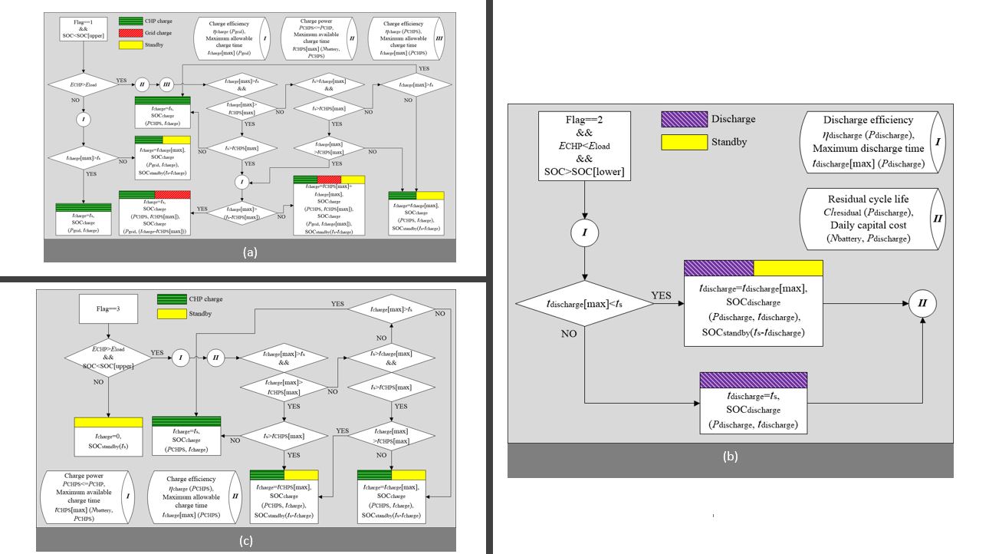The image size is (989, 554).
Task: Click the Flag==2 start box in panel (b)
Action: pos(585,146)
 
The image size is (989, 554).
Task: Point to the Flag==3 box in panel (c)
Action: pos(107,312)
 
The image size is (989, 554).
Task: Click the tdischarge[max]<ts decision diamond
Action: pos(585,303)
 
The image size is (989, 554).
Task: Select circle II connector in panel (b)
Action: pos(922,303)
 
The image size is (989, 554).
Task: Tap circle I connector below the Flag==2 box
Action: pos(585,232)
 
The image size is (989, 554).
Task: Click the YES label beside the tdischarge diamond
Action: pos(662,295)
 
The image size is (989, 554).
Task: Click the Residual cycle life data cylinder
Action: pos(872,219)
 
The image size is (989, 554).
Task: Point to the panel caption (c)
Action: pos(245,541)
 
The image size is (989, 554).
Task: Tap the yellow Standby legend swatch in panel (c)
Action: pos(172,314)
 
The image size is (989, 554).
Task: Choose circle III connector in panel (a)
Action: pos(167,84)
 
